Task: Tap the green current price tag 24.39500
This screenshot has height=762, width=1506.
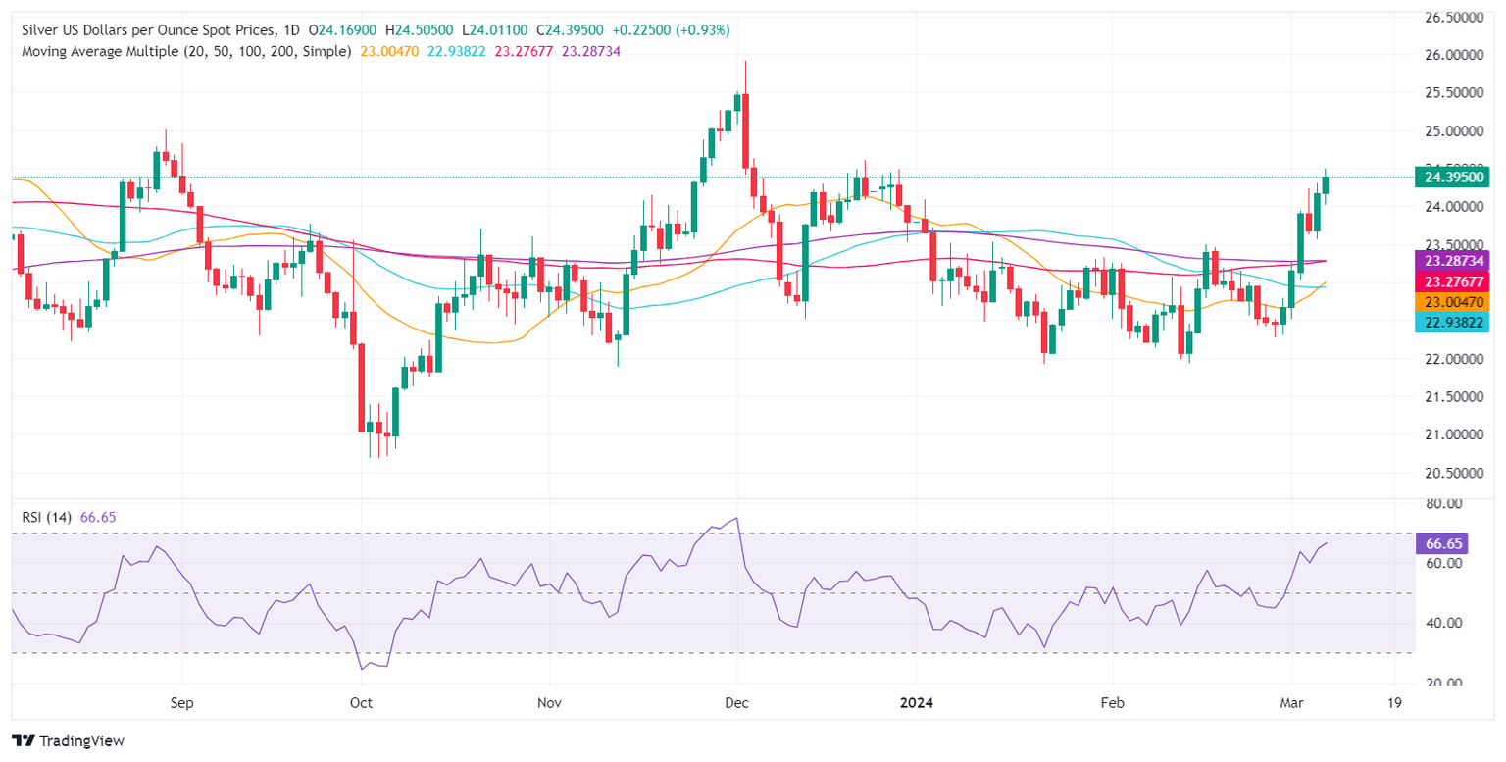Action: click(x=1452, y=178)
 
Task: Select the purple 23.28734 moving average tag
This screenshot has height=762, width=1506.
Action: click(x=1452, y=261)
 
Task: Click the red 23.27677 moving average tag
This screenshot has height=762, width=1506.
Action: click(x=1452, y=281)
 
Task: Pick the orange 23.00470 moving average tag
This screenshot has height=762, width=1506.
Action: click(x=1452, y=302)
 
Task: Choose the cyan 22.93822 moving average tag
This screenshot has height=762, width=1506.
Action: click(x=1452, y=322)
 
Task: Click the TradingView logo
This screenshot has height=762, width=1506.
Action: click(x=68, y=741)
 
